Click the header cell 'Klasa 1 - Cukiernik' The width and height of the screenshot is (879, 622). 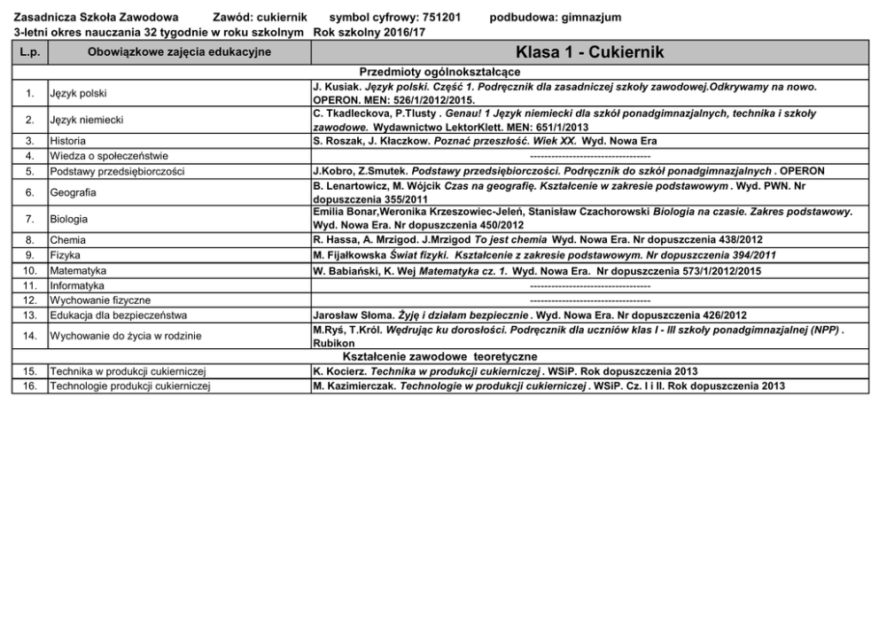click(589, 52)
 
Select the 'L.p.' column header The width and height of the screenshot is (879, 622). click(29, 52)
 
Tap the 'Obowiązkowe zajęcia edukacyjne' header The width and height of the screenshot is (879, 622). click(179, 52)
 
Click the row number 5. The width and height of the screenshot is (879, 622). click(29, 171)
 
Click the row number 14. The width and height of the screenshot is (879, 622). click(29, 336)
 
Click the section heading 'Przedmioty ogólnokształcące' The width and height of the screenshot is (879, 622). click(439, 71)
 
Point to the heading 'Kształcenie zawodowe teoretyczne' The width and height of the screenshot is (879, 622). click(439, 356)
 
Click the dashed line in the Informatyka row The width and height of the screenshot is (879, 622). click(589, 285)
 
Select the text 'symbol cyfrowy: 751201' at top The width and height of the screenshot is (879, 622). click(394, 17)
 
